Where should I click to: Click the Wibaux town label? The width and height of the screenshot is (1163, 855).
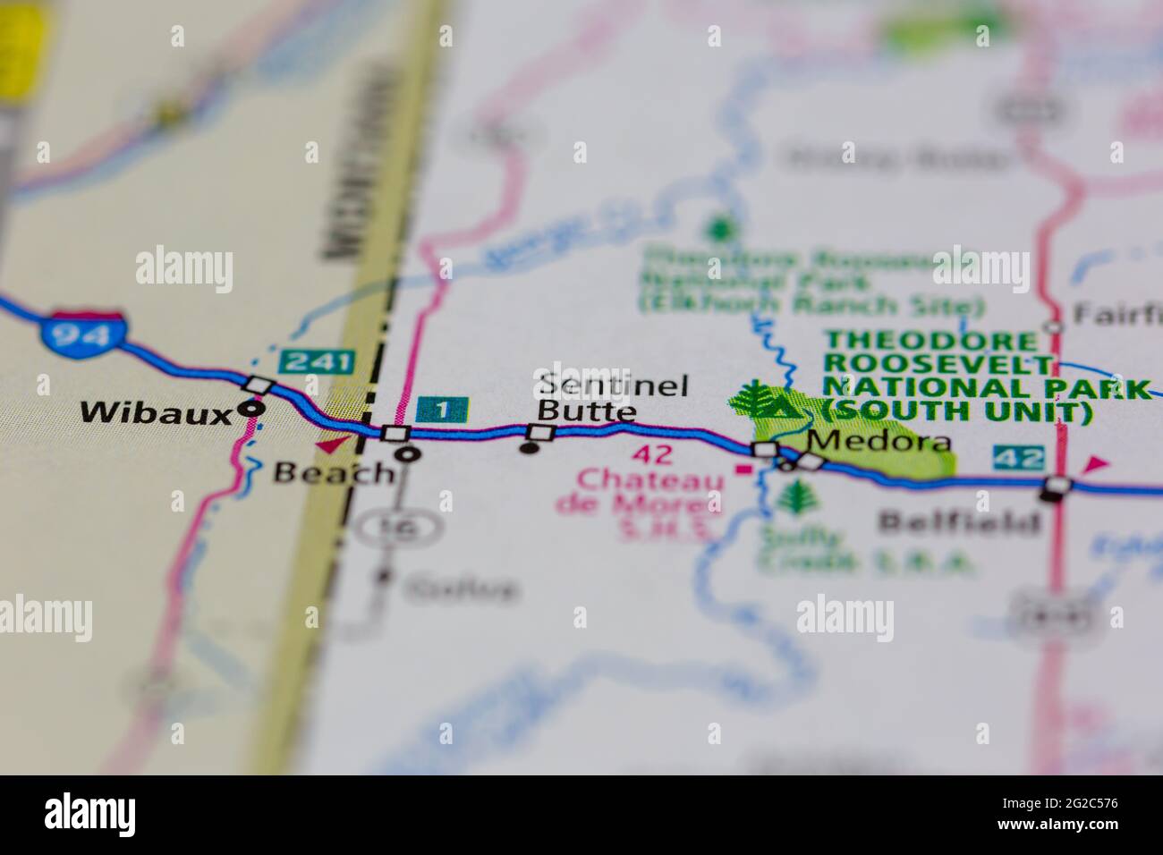pos(157,412)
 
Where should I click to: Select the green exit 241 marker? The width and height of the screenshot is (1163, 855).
pos(317,362)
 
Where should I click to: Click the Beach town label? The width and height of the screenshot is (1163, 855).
pos(333,471)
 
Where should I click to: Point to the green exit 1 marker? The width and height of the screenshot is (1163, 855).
pos(442,411)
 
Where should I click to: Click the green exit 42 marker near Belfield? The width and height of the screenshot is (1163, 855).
pos(1018,458)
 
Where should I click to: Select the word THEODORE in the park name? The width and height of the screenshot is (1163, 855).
pos(930,341)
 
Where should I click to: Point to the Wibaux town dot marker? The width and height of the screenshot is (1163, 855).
pos(253,408)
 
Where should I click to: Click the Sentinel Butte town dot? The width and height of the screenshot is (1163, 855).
pos(530,448)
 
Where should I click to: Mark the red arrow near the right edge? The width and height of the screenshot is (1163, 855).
pos(1095,464)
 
